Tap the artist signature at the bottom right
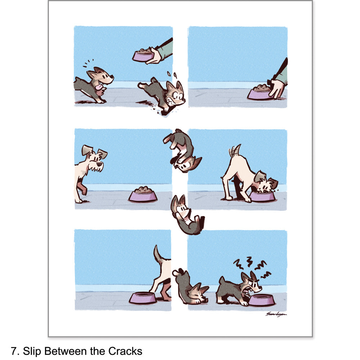coord(276,314)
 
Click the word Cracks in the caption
coord(125,351)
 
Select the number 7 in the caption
coord(14,351)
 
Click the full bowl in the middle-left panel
coord(143,195)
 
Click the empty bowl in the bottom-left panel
coord(143,298)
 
